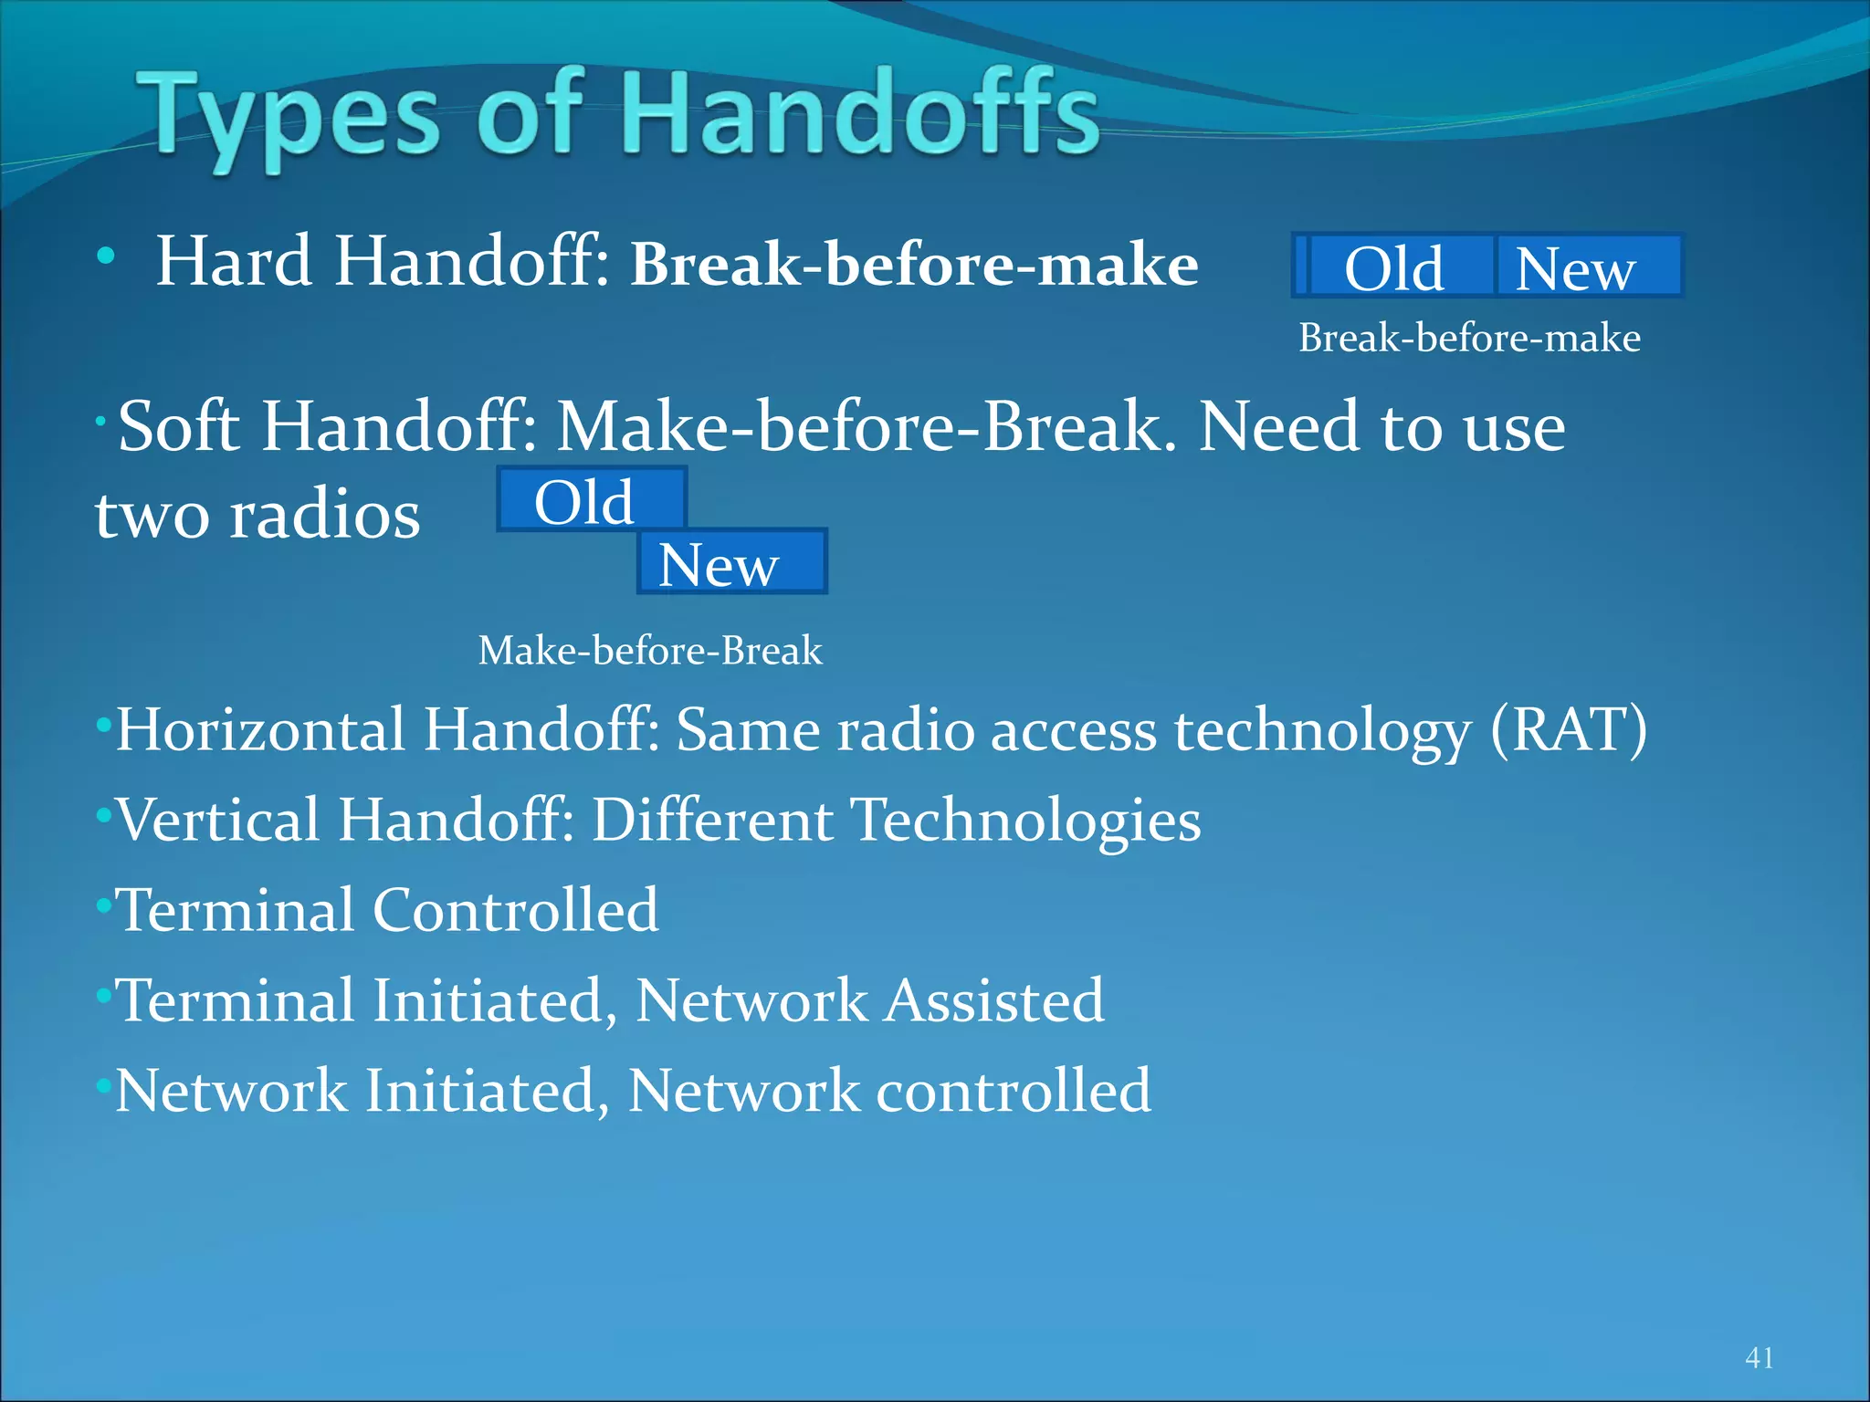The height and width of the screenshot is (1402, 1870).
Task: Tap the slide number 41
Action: pyautogui.click(x=1759, y=1357)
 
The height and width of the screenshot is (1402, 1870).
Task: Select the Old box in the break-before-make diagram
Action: pyautogui.click(x=1394, y=267)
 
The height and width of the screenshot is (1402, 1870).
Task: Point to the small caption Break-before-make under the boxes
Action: pyautogui.click(x=1469, y=339)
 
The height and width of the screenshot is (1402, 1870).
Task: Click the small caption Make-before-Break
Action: pyautogui.click(x=650, y=651)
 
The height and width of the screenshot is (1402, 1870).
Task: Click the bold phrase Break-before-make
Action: pyautogui.click(x=914, y=265)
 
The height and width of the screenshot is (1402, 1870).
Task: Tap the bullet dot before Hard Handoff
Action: pyautogui.click(x=107, y=256)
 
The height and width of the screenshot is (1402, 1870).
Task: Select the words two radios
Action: pyautogui.click(x=258, y=515)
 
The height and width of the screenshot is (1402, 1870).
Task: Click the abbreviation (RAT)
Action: pyautogui.click(x=1569, y=730)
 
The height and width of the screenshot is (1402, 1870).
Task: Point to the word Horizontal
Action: pyautogui.click(x=261, y=730)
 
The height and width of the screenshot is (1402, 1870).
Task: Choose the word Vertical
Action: pyautogui.click(x=218, y=820)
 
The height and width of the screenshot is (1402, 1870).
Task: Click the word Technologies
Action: pyautogui.click(x=1026, y=820)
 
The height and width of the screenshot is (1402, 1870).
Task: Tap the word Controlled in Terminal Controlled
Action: pyautogui.click(x=516, y=910)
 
